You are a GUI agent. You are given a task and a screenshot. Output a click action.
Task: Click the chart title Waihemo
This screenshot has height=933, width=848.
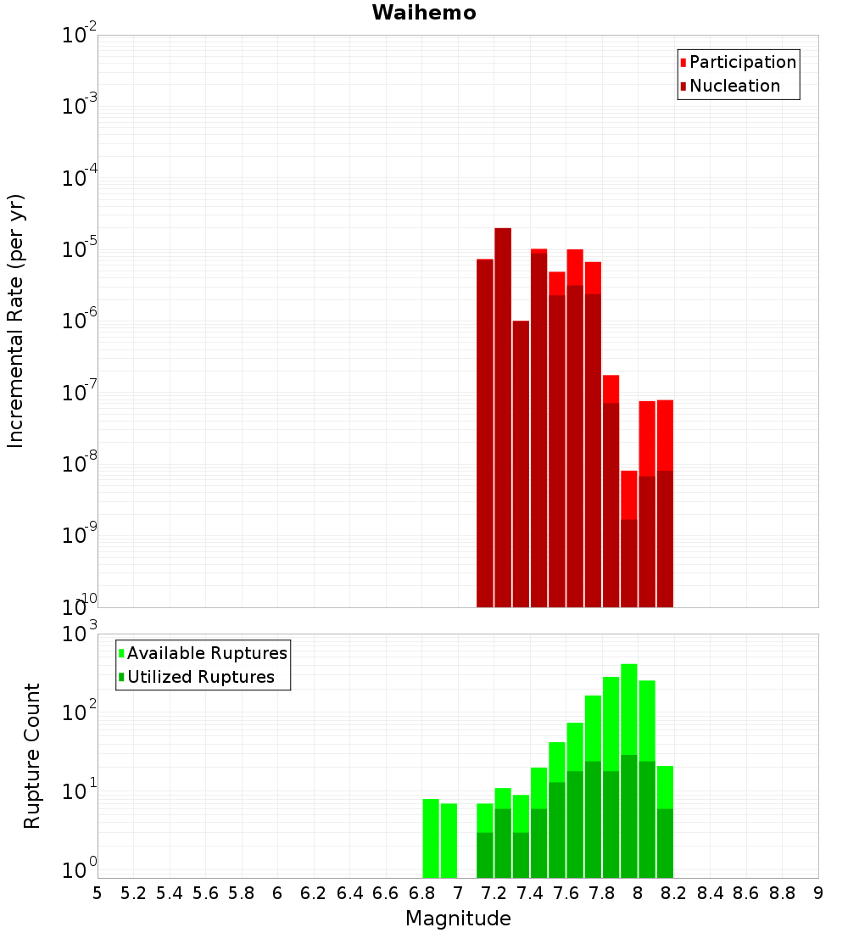[423, 13]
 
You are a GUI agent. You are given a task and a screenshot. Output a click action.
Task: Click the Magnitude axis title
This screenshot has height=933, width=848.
[458, 919]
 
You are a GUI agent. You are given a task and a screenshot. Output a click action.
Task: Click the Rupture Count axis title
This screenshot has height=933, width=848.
[32, 756]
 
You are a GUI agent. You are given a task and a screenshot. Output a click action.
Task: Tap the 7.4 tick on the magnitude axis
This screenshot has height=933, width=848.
[530, 893]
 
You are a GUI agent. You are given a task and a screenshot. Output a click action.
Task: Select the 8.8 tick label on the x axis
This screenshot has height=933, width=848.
[782, 893]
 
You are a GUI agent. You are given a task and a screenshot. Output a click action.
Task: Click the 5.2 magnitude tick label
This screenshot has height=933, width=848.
[133, 893]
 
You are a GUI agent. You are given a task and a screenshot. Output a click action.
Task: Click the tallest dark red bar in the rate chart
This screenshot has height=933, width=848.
[503, 416]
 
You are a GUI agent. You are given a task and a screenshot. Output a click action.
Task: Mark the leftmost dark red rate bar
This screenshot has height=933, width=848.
[485, 433]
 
